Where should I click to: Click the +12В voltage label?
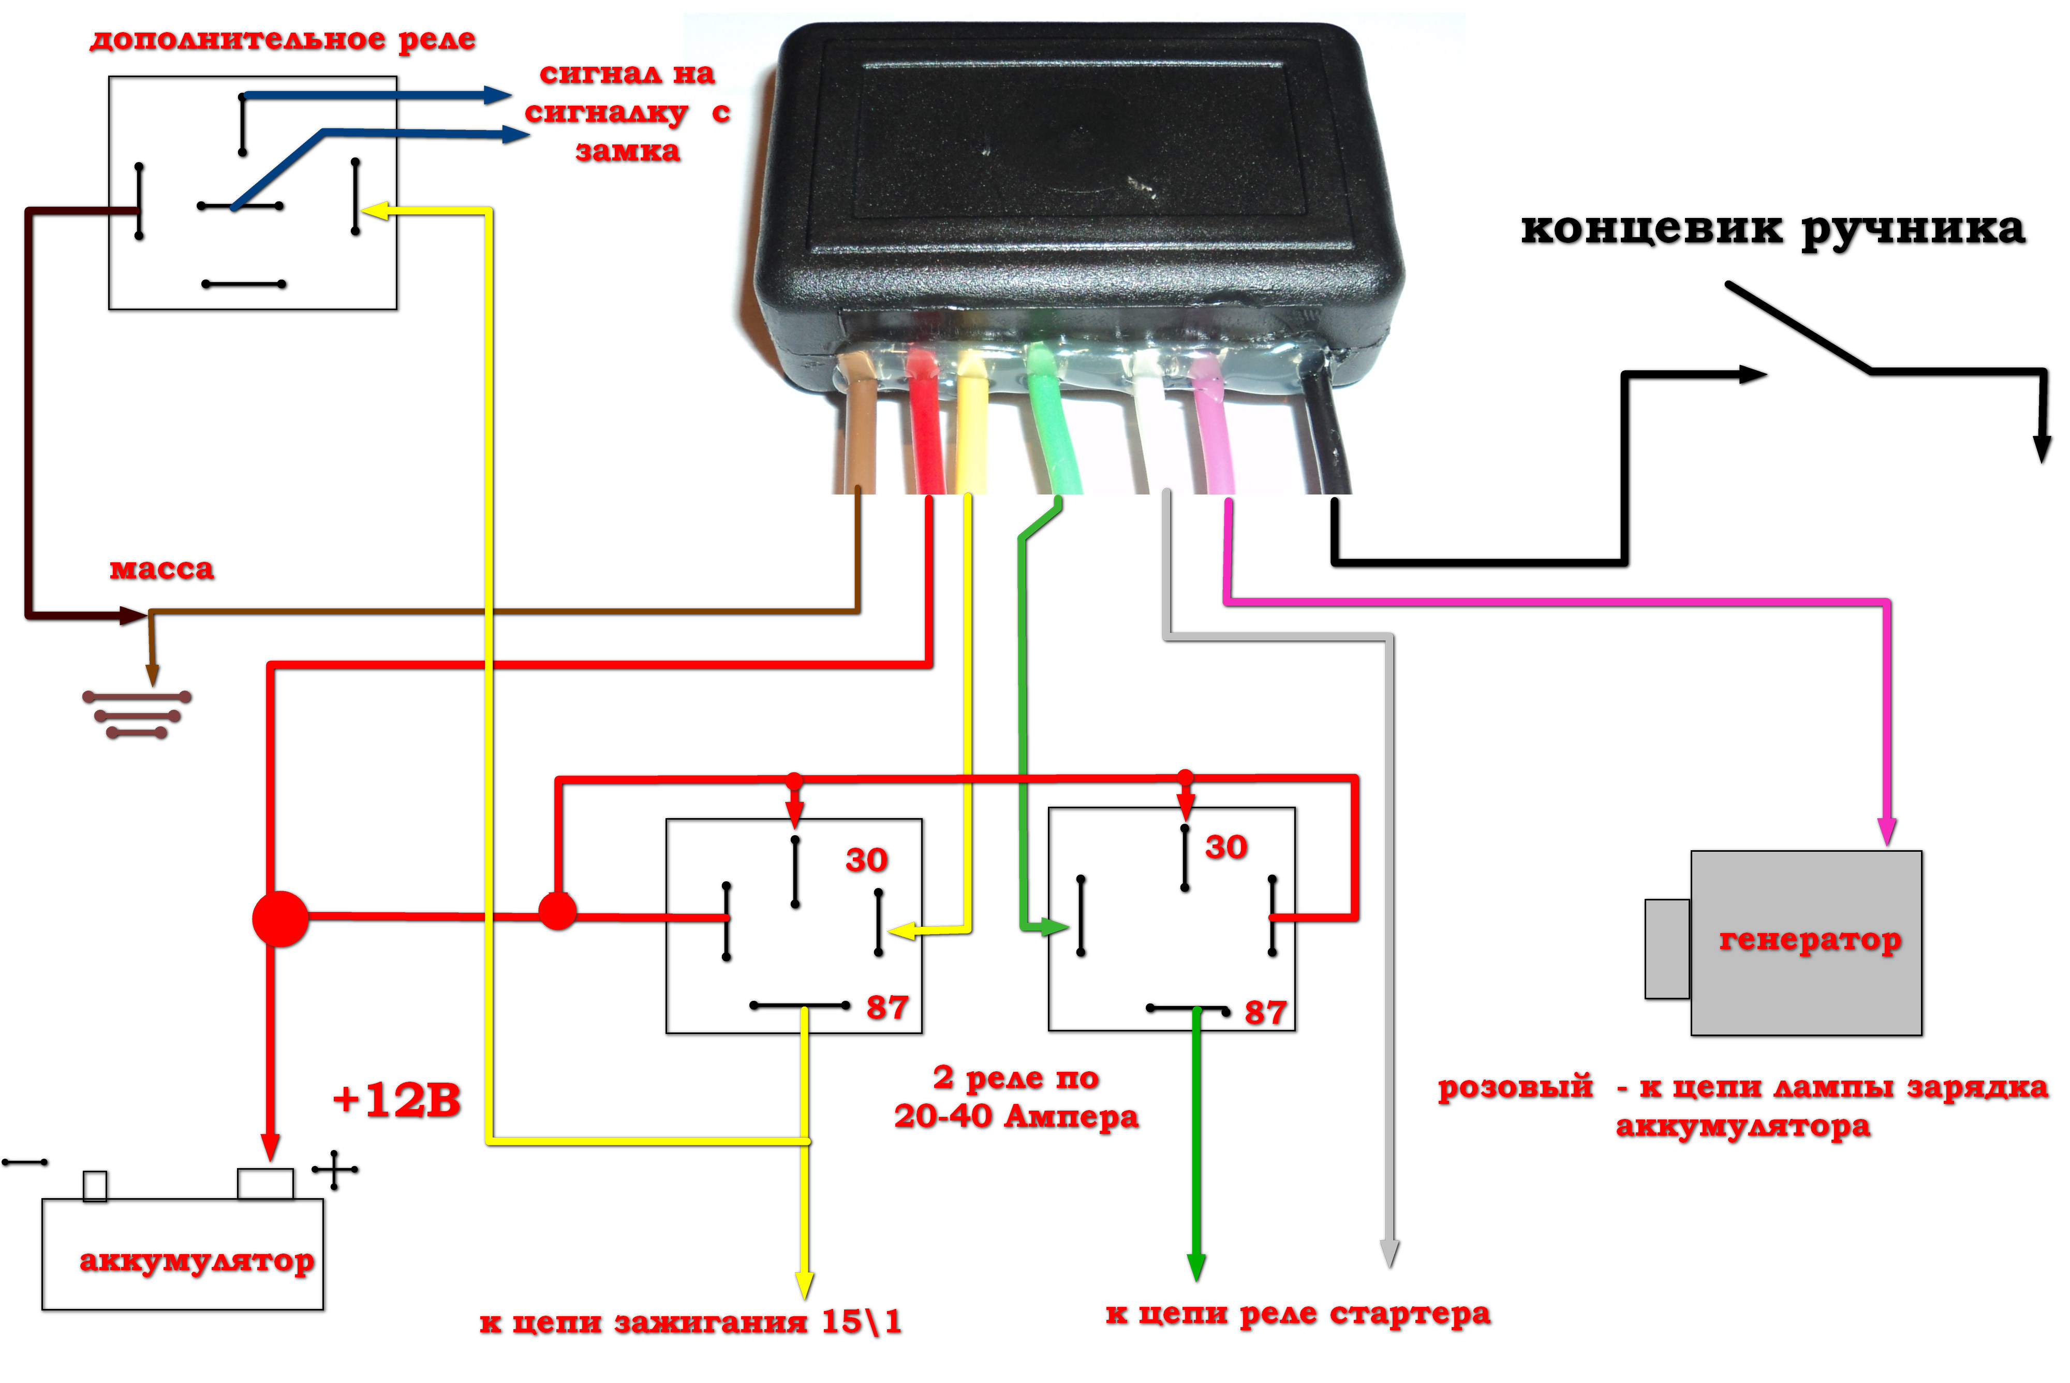pyautogui.click(x=397, y=1100)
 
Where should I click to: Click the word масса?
pyautogui.click(x=161, y=569)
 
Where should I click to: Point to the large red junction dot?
pyautogui.click(x=280, y=918)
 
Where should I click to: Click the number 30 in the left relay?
pyautogui.click(x=866, y=860)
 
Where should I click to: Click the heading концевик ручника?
pyautogui.click(x=1772, y=229)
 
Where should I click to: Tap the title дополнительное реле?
pyautogui.click(x=282, y=40)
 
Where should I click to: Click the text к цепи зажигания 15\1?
pyautogui.click(x=690, y=1322)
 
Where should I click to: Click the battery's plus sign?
pyautogui.click(x=334, y=1170)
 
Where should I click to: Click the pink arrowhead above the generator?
pyautogui.click(x=1887, y=831)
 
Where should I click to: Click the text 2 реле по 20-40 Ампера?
pyautogui.click(x=1016, y=1097)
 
